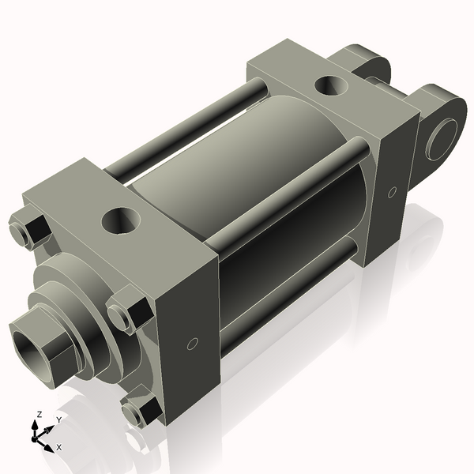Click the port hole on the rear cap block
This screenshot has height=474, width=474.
click(x=329, y=83)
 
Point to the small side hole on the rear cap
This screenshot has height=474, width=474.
click(x=393, y=191)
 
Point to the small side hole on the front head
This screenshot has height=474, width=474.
click(x=190, y=344)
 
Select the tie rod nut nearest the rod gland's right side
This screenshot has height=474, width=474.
click(x=126, y=315)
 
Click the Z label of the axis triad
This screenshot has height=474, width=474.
click(x=39, y=415)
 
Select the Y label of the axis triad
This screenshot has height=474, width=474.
click(x=58, y=419)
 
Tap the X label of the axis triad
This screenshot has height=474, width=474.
click(x=58, y=446)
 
